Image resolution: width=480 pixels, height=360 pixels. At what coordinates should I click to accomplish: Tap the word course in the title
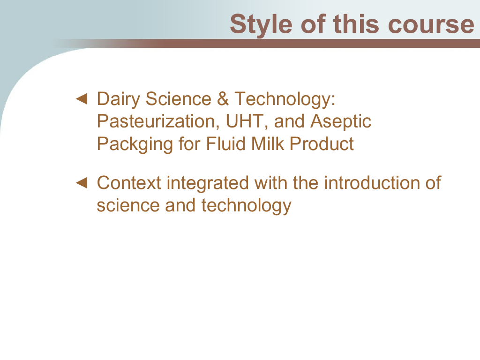(x=431, y=24)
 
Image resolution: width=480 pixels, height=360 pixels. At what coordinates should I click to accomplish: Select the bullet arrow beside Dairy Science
(x=82, y=99)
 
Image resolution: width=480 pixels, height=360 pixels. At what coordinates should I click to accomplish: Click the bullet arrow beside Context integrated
(x=82, y=183)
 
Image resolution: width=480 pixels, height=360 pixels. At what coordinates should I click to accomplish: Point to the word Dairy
(x=119, y=99)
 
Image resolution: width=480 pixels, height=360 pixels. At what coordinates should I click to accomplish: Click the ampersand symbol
(x=223, y=98)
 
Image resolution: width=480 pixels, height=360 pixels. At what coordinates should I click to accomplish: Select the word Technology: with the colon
(x=285, y=99)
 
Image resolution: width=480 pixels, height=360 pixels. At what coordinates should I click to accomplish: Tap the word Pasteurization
(x=158, y=121)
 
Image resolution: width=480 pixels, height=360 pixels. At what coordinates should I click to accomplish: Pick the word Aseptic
(x=341, y=122)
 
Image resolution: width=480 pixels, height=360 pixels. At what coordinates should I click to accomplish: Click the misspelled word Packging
(x=135, y=144)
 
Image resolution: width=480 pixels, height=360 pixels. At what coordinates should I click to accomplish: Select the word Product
(x=322, y=143)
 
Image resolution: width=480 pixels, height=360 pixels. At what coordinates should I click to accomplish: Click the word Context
(x=129, y=183)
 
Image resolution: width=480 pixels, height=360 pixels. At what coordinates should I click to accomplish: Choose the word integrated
(x=208, y=184)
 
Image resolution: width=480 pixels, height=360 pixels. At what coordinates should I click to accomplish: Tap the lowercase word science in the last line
(x=127, y=205)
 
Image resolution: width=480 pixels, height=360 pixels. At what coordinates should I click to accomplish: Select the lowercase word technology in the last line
(x=247, y=206)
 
